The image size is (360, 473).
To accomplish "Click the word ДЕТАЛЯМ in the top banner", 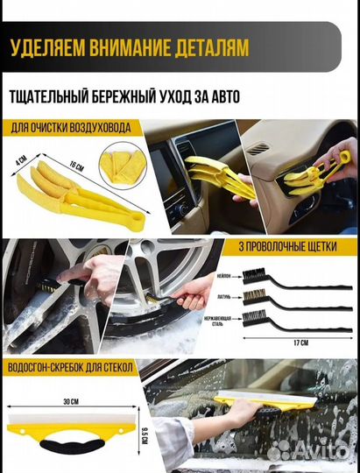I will point(204,46).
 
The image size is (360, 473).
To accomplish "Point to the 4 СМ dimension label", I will point(19,163).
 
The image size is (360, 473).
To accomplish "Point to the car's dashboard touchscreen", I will point(167,167).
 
